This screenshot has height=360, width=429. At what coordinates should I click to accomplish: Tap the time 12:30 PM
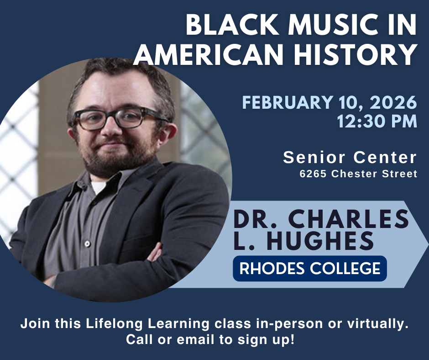377,122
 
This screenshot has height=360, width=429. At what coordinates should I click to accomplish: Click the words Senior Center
350,158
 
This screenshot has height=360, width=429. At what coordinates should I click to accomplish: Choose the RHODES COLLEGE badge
310,268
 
